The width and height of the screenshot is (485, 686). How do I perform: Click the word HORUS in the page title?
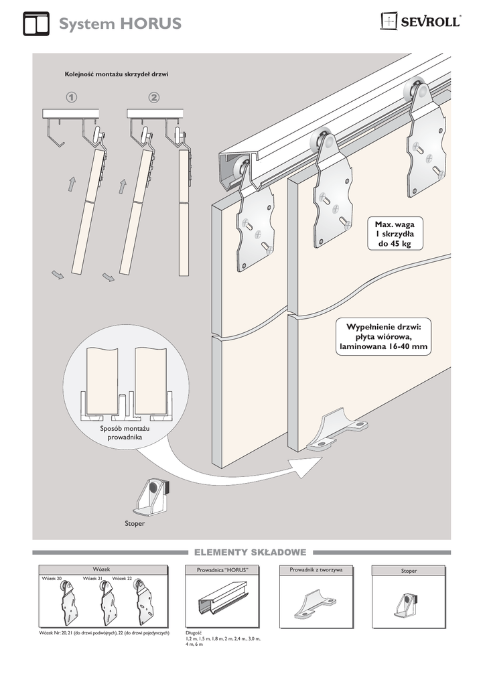(x=151, y=25)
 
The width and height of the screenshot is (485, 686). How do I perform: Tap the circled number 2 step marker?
(x=155, y=98)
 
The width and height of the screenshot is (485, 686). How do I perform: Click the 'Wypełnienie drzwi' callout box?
(x=383, y=337)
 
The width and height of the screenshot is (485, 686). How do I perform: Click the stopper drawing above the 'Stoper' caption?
(x=156, y=496)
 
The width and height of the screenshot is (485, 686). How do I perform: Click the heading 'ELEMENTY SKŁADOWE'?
(x=250, y=553)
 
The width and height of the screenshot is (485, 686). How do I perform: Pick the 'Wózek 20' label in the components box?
(x=52, y=578)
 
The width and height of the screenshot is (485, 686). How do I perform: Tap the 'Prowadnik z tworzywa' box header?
(x=316, y=569)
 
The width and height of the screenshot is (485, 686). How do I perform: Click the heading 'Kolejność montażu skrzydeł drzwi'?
(x=116, y=74)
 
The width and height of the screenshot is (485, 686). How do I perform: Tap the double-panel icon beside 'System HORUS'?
(x=36, y=23)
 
